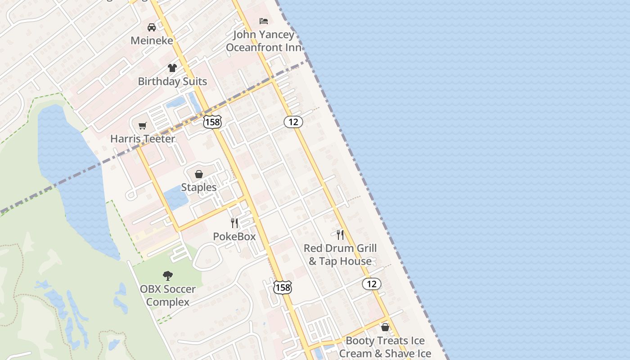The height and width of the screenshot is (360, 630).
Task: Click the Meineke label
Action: (x=152, y=40)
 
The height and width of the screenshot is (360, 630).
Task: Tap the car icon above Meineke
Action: (x=152, y=27)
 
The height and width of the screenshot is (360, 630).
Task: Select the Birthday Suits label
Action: (x=172, y=81)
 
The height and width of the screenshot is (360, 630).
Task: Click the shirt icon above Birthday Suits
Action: (x=172, y=68)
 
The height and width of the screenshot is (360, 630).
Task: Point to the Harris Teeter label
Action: (x=143, y=139)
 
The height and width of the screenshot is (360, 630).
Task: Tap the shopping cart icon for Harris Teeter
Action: (x=143, y=126)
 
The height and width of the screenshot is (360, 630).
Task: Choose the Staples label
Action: (x=198, y=187)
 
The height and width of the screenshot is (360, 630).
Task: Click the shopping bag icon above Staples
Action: (x=198, y=174)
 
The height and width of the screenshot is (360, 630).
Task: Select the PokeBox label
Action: (x=234, y=236)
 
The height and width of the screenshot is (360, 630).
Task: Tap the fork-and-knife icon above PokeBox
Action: (x=234, y=223)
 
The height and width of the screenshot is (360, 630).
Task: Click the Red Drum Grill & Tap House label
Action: (x=340, y=255)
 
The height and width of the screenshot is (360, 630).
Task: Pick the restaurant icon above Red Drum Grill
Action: (x=340, y=234)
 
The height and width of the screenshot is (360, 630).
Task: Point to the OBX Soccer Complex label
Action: (x=168, y=295)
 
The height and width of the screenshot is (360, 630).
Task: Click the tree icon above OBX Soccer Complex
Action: (x=168, y=275)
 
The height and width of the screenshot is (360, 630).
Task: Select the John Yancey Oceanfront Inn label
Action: (x=264, y=41)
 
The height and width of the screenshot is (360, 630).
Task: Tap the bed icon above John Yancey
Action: (x=264, y=21)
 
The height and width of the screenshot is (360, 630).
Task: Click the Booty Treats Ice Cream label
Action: (x=385, y=347)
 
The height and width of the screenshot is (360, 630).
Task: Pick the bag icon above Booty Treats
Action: (x=385, y=327)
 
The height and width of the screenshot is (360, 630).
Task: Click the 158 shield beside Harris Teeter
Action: (x=212, y=121)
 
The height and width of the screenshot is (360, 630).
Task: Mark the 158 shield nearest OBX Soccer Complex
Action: (x=283, y=287)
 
